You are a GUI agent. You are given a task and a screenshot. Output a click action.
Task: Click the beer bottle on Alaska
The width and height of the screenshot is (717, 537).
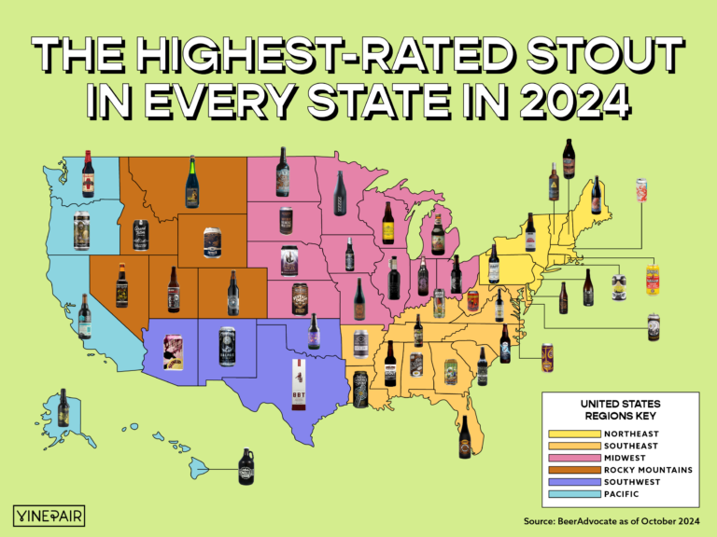63,407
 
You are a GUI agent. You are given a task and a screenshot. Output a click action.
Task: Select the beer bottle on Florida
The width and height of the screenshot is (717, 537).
464,436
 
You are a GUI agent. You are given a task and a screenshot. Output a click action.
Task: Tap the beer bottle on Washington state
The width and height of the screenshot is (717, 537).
88,173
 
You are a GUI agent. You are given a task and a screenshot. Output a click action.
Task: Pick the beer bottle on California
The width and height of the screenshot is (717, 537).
85,316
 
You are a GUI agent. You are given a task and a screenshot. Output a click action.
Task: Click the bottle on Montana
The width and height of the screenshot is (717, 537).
192,182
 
